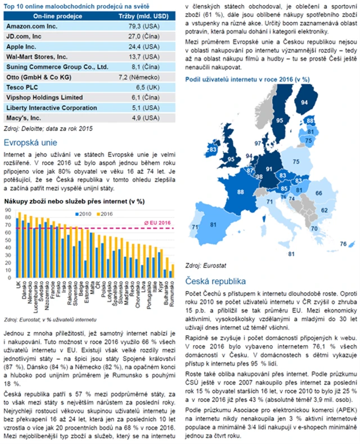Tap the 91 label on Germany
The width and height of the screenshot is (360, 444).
pyautogui.click(x=269, y=169)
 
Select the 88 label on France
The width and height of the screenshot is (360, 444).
pyautogui.click(x=241, y=192)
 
